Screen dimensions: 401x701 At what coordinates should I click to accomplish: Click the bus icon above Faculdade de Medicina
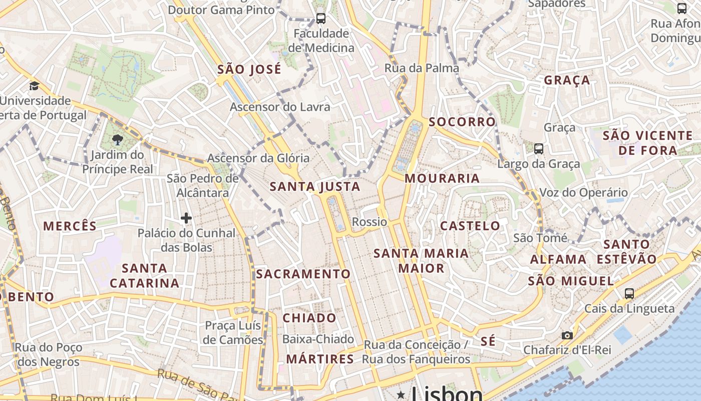(321, 19)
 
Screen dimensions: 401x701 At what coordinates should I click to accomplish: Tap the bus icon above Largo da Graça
(539, 148)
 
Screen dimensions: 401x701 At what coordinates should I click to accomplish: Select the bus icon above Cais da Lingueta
(629, 293)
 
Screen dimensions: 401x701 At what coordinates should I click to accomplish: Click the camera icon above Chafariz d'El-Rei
(567, 335)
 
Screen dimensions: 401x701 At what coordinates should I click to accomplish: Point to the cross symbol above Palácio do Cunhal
(186, 218)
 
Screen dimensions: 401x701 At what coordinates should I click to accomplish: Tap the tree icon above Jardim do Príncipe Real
(118, 139)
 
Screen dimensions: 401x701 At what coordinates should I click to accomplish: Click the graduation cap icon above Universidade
(34, 86)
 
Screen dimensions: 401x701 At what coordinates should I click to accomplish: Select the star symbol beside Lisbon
(401, 395)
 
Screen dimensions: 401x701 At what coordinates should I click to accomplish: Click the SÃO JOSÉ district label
(249, 69)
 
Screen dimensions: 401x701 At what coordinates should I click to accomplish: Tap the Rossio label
(370, 222)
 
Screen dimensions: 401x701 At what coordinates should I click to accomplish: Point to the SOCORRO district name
(462, 122)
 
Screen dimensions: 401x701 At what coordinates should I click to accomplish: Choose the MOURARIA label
(442, 178)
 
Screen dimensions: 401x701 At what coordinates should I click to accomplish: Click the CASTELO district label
(470, 226)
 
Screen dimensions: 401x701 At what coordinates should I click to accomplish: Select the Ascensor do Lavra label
(280, 107)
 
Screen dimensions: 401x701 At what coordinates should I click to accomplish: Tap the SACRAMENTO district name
(303, 274)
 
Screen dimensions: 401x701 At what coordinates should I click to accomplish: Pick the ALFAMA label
(558, 259)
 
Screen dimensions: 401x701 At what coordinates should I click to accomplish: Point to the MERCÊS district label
(70, 226)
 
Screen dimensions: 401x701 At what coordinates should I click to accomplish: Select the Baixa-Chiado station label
(318, 339)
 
